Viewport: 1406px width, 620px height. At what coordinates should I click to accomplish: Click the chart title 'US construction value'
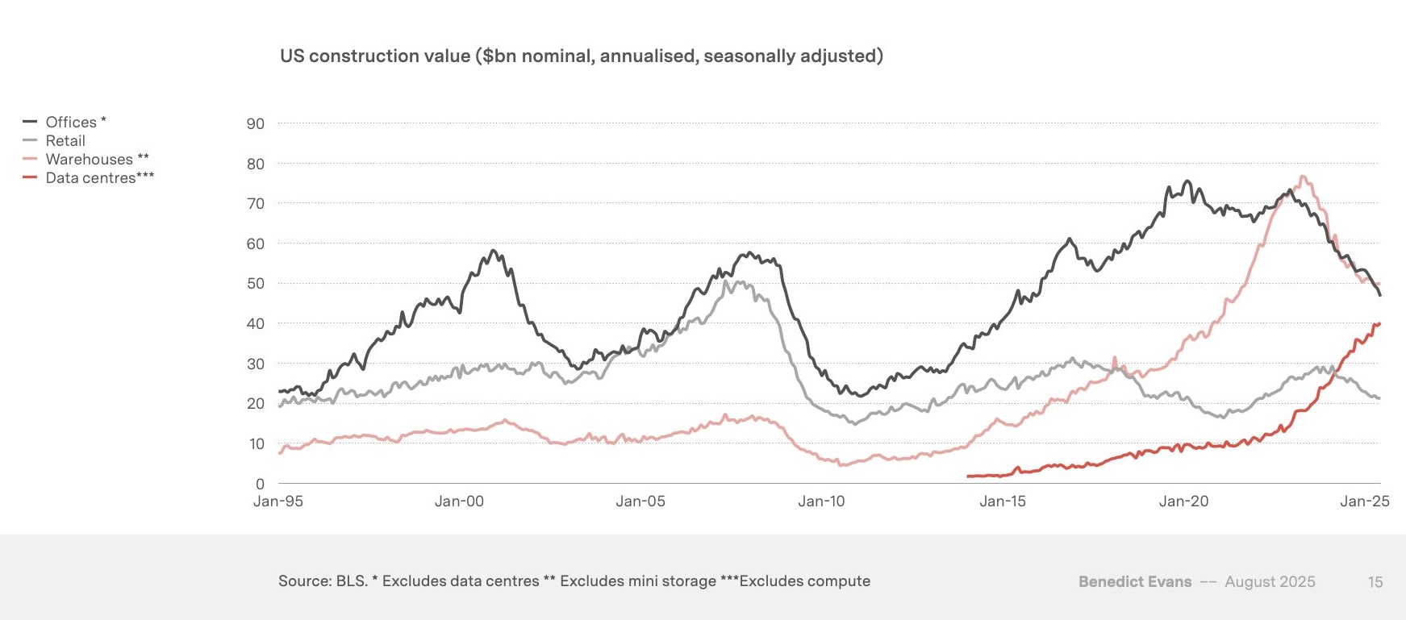[x=581, y=56]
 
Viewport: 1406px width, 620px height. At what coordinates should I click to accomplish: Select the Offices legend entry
[x=71, y=122]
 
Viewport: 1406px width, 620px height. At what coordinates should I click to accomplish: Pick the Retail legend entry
[x=65, y=140]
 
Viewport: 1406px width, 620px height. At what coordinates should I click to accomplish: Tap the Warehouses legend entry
[x=89, y=159]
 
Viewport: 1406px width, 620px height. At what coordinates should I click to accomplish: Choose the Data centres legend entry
[x=91, y=177]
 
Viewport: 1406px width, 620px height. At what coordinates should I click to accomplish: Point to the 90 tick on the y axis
[x=255, y=123]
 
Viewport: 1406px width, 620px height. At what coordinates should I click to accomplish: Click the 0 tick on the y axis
[x=260, y=484]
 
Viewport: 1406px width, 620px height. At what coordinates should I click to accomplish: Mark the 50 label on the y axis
[x=255, y=283]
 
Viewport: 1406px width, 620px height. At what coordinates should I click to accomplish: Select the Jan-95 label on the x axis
[x=278, y=501]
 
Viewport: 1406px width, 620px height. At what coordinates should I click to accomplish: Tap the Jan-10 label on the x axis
[x=821, y=501]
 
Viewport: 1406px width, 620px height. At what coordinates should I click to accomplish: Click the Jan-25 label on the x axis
[x=1364, y=501]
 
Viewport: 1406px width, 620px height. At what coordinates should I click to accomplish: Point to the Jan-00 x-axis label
[x=459, y=501]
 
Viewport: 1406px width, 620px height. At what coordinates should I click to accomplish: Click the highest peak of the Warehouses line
[x=1303, y=177]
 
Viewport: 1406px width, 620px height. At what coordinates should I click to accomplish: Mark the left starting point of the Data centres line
[x=968, y=476]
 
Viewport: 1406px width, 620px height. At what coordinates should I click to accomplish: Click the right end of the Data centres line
[x=1379, y=323]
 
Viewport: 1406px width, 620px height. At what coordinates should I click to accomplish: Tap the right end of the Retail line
[x=1379, y=398]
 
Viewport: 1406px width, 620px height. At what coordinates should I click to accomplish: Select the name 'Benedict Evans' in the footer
[x=1134, y=581]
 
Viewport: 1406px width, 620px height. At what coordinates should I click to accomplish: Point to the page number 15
[x=1375, y=581]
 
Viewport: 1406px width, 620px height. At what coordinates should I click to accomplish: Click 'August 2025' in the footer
[x=1270, y=581]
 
